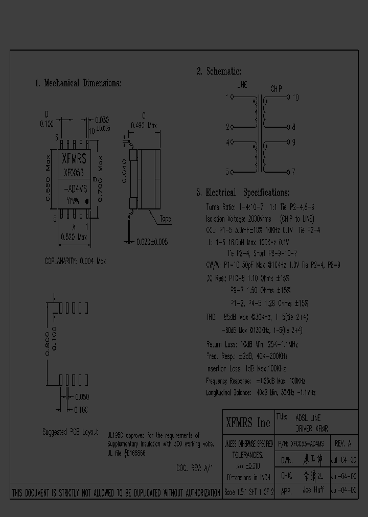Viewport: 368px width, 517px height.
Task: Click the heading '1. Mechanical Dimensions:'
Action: pos(78,83)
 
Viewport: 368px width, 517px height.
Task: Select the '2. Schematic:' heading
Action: pos(219,72)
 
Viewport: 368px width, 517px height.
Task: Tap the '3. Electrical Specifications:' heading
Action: pos(242,193)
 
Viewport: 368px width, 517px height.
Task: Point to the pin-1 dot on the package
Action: pos(86,202)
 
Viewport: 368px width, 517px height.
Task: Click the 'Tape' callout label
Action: pos(165,219)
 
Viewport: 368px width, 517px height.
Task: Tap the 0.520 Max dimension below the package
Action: pos(74,238)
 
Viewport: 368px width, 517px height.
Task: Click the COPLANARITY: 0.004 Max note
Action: pos(75,261)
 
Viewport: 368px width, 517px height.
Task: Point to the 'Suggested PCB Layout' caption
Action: pos(70,432)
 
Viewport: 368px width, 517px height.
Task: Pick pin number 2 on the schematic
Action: pos(228,127)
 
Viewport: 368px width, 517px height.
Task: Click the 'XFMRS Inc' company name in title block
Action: pos(248,422)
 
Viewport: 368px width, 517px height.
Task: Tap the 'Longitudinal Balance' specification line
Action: pos(261,393)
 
